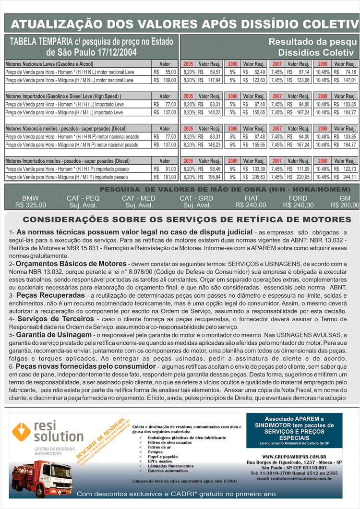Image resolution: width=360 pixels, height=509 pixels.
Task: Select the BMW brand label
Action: [31, 198]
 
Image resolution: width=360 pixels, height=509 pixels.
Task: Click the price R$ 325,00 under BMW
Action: [31, 205]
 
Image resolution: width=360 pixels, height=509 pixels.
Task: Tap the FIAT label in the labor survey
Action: [251, 198]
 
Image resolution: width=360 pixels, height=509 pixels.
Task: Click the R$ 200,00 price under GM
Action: [345, 205]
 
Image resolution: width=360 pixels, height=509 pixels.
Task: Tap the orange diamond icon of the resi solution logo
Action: [21, 432]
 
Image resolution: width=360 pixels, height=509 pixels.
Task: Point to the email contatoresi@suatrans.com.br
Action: [294, 479]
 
